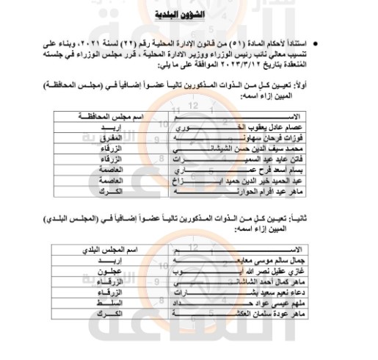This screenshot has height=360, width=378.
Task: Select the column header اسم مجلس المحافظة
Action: [111, 117]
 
